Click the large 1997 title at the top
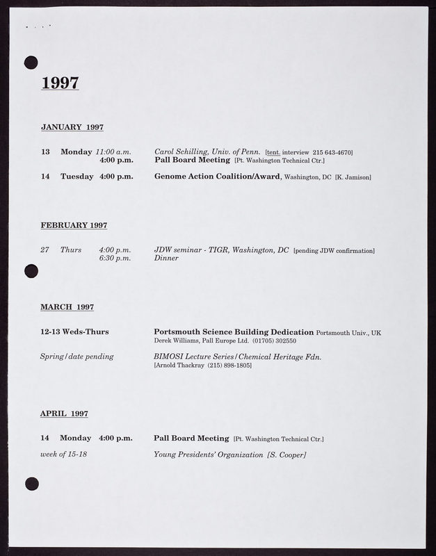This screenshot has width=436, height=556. point(60,83)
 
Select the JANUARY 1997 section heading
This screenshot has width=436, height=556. point(72,127)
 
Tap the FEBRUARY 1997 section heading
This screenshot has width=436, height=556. point(74,225)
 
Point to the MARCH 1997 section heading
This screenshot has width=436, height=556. point(67,306)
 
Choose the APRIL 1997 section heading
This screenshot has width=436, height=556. point(64,414)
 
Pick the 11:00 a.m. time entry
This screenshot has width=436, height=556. point(113,152)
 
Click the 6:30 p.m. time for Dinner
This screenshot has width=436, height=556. point(115,259)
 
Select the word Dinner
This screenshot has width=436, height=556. point(166,259)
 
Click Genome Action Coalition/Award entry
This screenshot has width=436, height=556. point(217,177)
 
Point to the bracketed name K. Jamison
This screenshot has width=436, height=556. point(353,177)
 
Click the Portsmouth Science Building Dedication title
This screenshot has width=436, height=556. point(234,332)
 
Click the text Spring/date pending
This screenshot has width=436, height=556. point(76,357)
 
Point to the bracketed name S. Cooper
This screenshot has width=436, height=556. point(286,455)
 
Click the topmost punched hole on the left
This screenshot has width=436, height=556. point(31,63)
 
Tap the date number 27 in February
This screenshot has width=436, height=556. point(45,250)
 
